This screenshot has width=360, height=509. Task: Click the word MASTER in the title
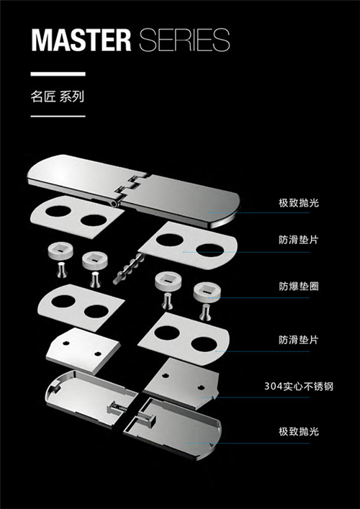point(81,40)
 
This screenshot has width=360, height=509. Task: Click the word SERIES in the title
point(185,40)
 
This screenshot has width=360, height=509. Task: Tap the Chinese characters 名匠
point(43,97)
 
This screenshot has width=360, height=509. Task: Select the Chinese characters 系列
point(72,97)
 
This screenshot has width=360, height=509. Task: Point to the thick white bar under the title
point(58,74)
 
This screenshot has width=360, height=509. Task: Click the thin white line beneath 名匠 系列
point(58,116)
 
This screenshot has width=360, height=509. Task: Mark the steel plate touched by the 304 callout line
point(181,384)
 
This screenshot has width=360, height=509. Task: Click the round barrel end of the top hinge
point(114,203)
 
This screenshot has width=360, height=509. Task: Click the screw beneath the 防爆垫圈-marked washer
point(204,312)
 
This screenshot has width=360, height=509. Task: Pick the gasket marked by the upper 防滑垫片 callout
point(188,246)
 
